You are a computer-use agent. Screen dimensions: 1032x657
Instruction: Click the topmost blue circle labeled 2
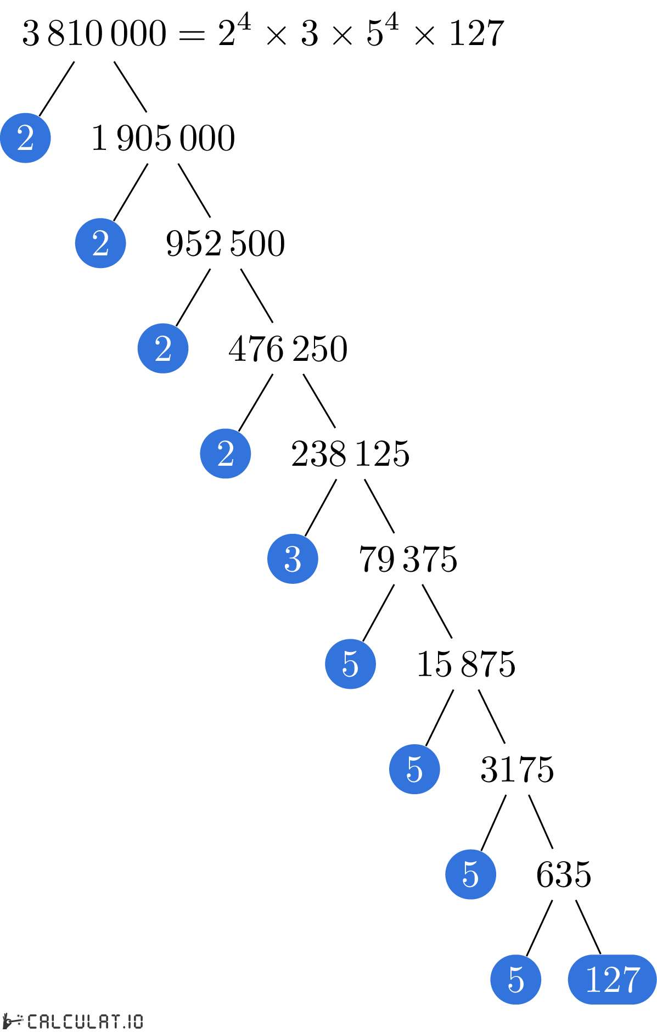pos(25,138)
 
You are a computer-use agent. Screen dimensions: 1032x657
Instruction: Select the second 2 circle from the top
pos(100,243)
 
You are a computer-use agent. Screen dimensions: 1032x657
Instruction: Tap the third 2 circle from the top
pos(163,348)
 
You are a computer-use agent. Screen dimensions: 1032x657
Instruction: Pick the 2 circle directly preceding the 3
pos(226,454)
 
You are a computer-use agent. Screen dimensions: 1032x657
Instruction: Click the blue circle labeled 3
pos(293,559)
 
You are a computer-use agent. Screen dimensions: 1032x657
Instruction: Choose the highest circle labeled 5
pos(350,664)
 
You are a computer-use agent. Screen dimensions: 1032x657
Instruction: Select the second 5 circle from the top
pos(414,769)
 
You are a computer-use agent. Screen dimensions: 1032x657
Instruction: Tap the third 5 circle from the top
pos(470,874)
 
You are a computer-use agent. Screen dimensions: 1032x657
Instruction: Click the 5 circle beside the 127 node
pos(515,979)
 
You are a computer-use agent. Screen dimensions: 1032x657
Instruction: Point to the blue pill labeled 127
pos(612,979)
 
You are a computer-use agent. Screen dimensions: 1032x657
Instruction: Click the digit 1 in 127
pos(593,979)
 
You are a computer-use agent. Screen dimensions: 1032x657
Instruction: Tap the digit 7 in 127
pos(631,979)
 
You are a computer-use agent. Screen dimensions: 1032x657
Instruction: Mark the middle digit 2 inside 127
pos(611,979)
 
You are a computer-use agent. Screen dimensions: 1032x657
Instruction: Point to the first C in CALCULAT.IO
pos(32,1022)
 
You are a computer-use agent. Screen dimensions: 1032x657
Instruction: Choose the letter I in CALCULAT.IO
pos(130,1022)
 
